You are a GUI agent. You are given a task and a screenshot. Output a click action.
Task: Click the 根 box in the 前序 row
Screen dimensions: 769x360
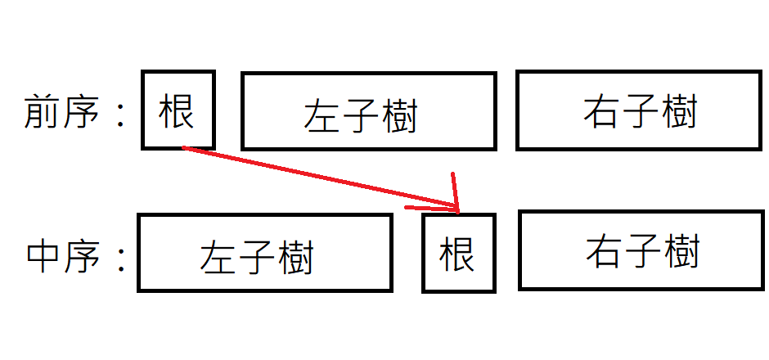(178, 110)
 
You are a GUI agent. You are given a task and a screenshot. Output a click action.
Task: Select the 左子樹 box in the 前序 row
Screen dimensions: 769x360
(368, 111)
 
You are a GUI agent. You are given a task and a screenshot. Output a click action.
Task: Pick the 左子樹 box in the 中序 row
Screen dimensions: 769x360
(264, 253)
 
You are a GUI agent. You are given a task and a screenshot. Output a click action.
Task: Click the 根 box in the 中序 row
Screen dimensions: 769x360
(458, 253)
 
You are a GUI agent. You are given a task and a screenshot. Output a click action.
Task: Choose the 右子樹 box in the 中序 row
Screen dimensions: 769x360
(641, 250)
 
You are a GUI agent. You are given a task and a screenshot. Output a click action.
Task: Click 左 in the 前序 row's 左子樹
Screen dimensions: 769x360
(322, 116)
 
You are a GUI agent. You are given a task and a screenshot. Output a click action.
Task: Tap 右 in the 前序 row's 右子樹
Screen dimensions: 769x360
(601, 111)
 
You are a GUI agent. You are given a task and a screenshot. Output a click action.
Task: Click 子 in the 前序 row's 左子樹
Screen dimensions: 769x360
(361, 116)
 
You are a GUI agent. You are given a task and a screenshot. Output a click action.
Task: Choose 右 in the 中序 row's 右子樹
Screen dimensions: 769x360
(604, 250)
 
